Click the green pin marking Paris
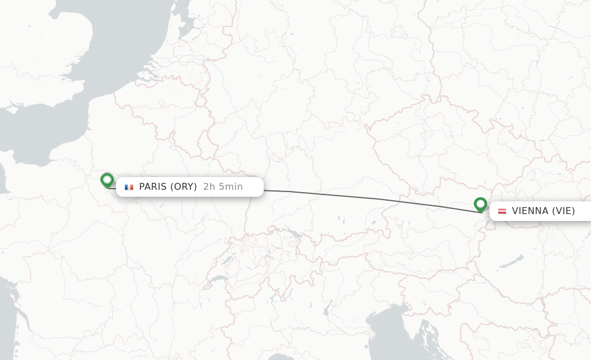107,180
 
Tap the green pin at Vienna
480,204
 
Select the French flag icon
129,187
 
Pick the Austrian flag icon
502,211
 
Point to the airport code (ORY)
184,186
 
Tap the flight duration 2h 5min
223,186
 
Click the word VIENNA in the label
530,211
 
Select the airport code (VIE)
563,211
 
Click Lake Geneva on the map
218,279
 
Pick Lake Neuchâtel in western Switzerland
226,258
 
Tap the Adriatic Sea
398,329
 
